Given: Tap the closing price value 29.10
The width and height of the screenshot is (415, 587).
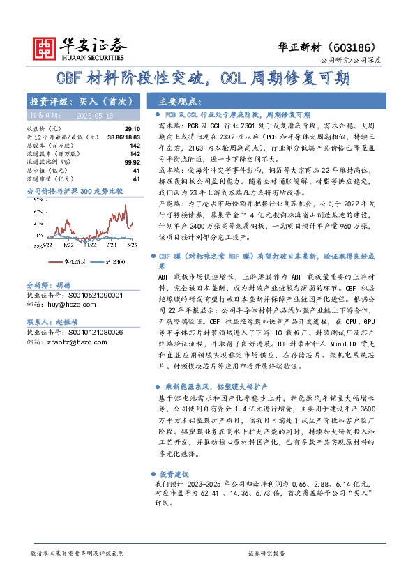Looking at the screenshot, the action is [130, 129].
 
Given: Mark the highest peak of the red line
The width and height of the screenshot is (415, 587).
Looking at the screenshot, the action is [125, 205].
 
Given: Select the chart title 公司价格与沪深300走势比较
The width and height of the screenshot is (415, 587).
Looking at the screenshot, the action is [74, 190].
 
